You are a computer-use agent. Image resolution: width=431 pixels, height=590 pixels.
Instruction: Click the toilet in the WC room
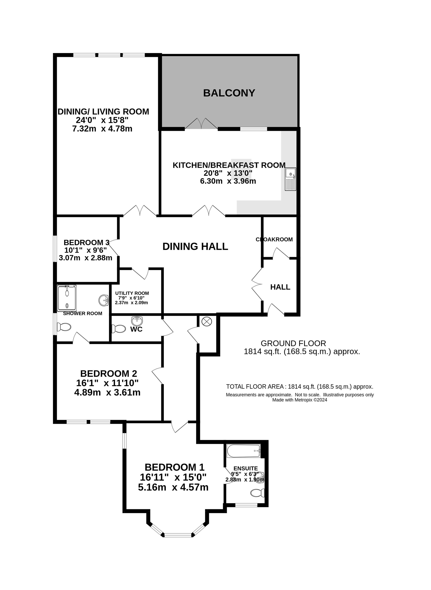click(x=118, y=329)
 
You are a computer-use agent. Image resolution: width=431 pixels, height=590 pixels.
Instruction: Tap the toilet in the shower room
click(x=64, y=327)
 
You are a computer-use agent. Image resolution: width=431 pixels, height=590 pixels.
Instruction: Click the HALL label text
click(x=280, y=287)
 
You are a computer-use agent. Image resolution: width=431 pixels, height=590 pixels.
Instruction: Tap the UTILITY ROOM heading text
click(x=132, y=293)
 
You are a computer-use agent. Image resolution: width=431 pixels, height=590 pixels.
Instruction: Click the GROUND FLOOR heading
click(x=294, y=343)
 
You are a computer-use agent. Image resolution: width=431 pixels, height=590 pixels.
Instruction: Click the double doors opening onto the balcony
click(x=201, y=124)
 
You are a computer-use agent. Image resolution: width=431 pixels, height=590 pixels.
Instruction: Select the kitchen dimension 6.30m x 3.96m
click(x=228, y=181)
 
